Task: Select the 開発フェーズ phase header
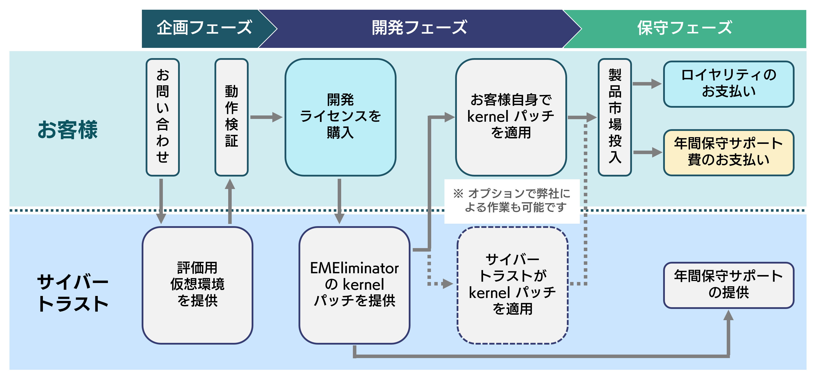point(419,28)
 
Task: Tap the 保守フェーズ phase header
point(684,28)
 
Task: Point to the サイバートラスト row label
point(73,293)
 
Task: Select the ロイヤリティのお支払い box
point(728,84)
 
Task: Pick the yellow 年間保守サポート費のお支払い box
point(728,152)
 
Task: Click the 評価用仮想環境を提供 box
point(197,285)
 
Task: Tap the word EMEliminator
point(354,269)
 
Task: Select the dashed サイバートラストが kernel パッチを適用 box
point(512,285)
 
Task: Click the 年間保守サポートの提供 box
point(728,285)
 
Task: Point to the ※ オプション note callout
point(512,201)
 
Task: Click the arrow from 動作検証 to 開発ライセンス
point(266,117)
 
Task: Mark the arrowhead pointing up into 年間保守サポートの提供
point(728,315)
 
